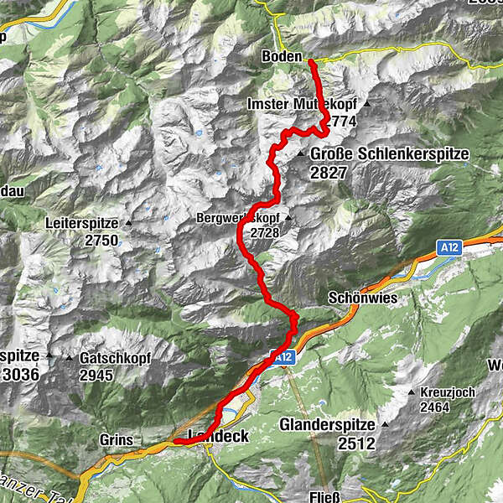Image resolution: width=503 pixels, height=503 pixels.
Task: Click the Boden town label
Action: (x=281, y=56)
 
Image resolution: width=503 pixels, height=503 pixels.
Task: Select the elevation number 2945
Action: (x=96, y=374)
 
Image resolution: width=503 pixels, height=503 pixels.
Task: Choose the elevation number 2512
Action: (x=356, y=443)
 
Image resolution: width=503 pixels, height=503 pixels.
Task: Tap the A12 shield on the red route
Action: (x=283, y=357)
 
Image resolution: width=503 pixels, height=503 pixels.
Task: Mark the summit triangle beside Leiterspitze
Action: (x=127, y=224)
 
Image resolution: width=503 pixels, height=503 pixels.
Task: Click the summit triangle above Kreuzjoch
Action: (x=411, y=392)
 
